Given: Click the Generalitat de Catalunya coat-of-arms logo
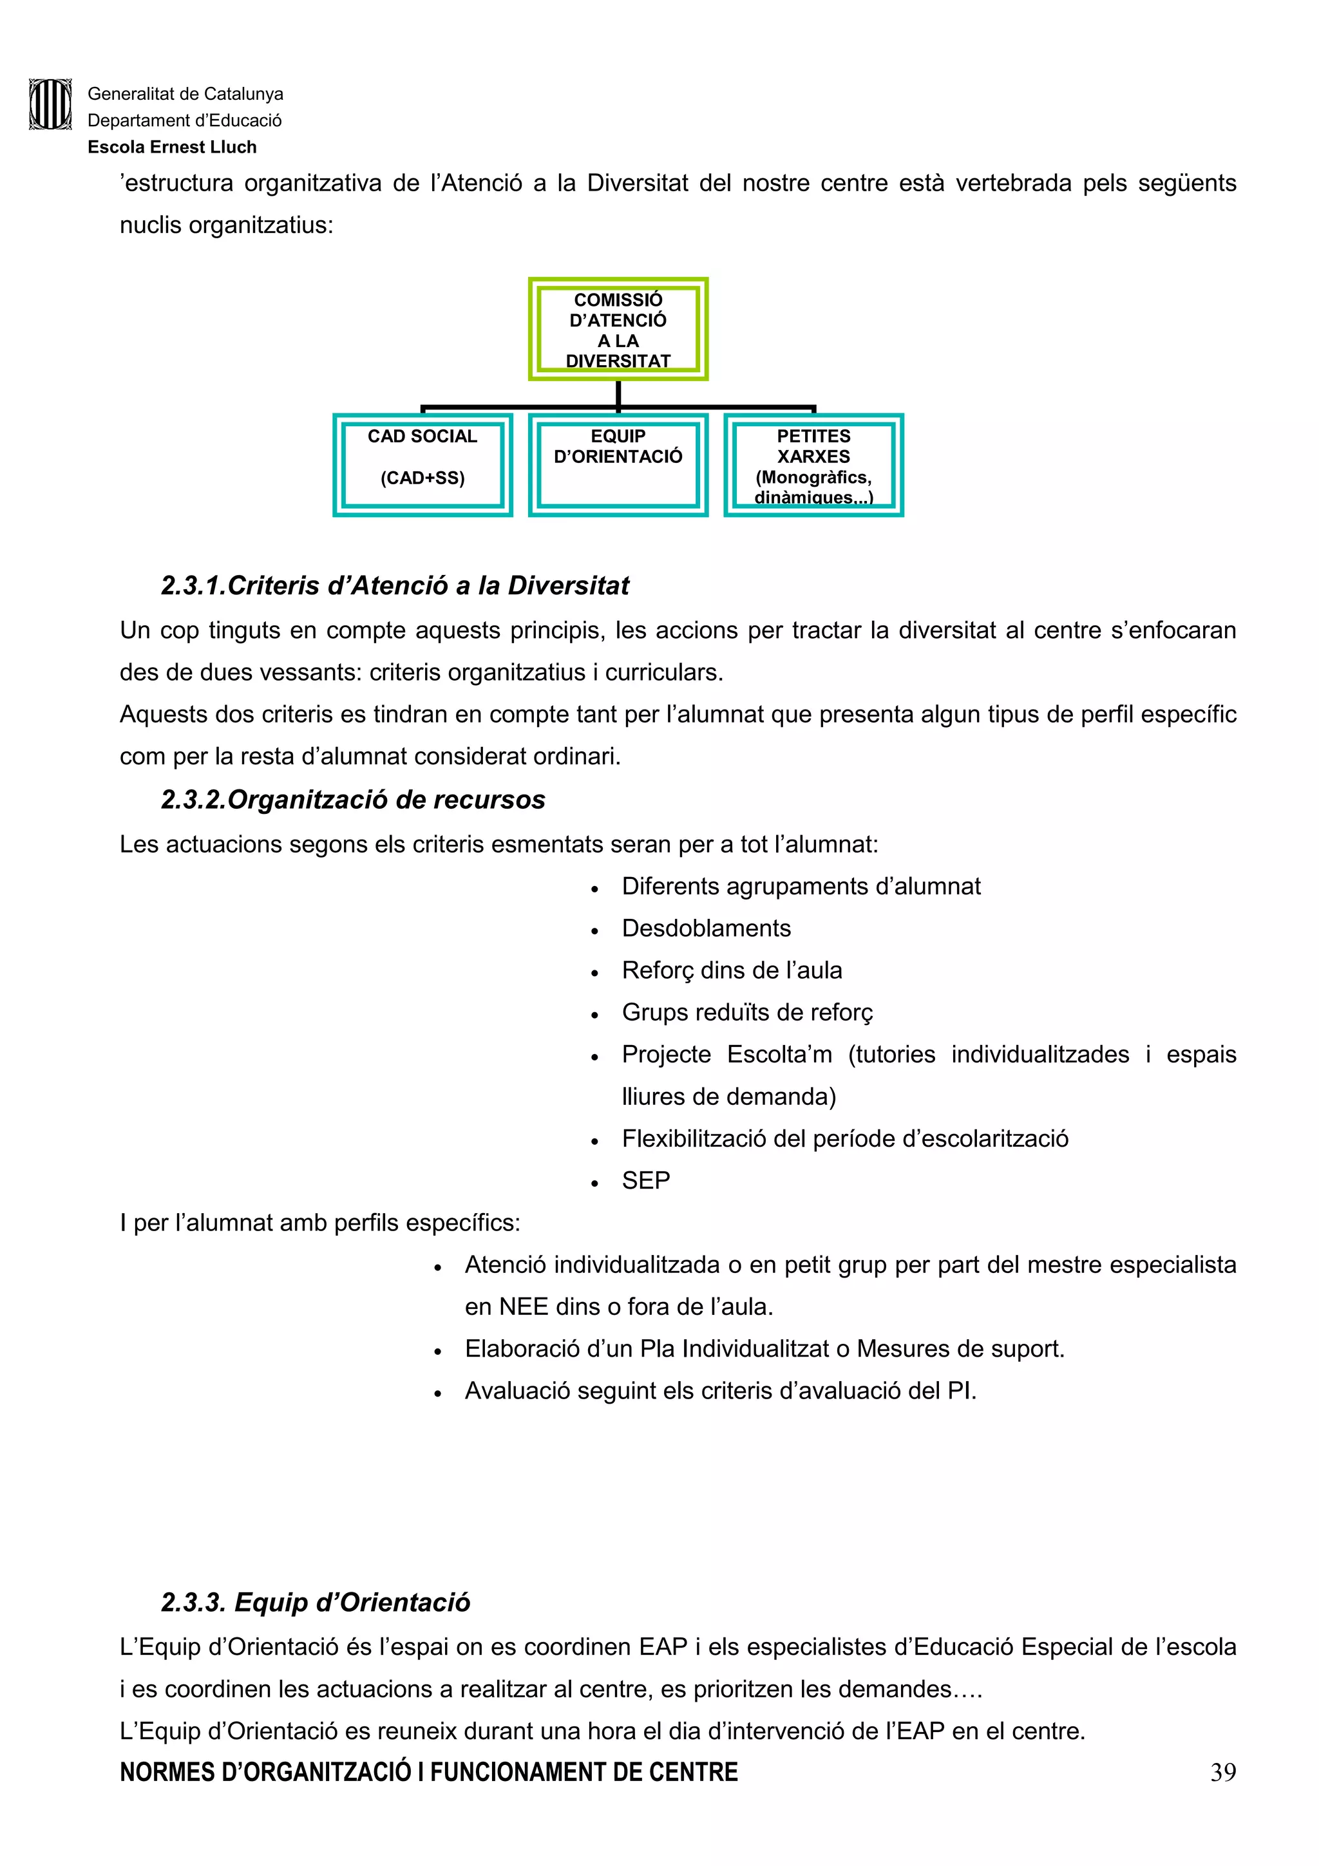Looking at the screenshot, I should pyautogui.click(x=50, y=104).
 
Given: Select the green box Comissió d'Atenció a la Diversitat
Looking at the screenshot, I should pyautogui.click(x=618, y=329).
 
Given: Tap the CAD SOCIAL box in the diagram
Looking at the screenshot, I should pyautogui.click(x=422, y=465).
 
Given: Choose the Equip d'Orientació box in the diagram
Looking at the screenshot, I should pyautogui.click(x=618, y=465).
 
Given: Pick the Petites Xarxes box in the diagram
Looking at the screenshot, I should pyautogui.click(x=813, y=465).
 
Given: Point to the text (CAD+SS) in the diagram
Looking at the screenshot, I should pyautogui.click(x=422, y=478).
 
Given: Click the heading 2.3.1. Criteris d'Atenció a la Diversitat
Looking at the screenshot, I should pyautogui.click(x=395, y=585).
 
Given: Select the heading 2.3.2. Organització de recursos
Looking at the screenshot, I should pyautogui.click(x=353, y=800).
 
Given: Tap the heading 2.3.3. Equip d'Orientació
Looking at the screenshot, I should pyautogui.click(x=316, y=1602).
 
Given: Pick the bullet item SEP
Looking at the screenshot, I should pyautogui.click(x=646, y=1180).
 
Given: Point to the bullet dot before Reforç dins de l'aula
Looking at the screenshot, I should pyautogui.click(x=595, y=973).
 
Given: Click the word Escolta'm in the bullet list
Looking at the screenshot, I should pyautogui.click(x=779, y=1054).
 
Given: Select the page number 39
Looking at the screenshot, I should pyautogui.click(x=1223, y=1772).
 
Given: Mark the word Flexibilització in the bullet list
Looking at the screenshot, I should pyautogui.click(x=693, y=1138).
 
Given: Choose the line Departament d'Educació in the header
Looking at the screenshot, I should pyautogui.click(x=184, y=120).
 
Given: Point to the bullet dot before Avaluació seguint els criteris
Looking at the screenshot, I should pyautogui.click(x=437, y=1393).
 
